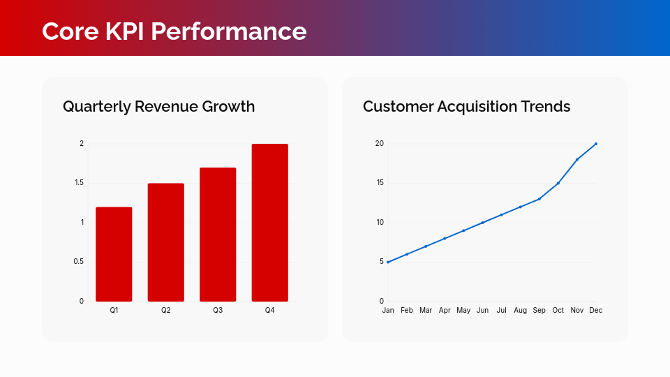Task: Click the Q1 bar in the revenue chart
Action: (114, 254)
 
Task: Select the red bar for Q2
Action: (166, 242)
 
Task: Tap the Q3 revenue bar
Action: (218, 235)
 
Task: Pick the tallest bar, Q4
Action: (270, 223)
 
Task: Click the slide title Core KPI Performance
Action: (174, 31)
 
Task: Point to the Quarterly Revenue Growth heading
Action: (158, 106)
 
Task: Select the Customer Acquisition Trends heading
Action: (466, 106)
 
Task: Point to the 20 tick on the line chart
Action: (380, 144)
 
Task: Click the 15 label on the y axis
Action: (380, 183)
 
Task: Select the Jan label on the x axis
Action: (388, 310)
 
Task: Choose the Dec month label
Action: (595, 310)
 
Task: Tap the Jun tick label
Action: (482, 310)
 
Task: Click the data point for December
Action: (596, 144)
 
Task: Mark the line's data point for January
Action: (388, 262)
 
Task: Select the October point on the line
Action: (558, 183)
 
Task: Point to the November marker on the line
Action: (577, 159)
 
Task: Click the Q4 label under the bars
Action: (270, 310)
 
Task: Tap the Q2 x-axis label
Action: (166, 310)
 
